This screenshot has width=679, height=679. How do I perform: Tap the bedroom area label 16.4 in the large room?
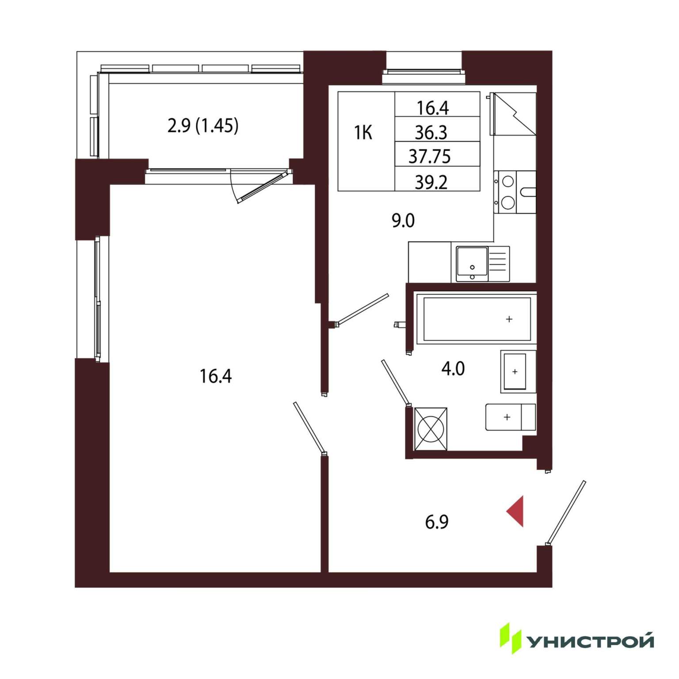pos(215,376)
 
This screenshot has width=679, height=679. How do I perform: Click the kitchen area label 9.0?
pos(403,220)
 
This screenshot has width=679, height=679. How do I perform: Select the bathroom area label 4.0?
pos(453,369)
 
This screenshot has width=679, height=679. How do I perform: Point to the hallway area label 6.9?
pos(436,522)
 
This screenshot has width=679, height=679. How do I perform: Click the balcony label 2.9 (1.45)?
pos(203,126)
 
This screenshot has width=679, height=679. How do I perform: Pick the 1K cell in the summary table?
pos(363,133)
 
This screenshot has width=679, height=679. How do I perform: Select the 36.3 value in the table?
pos(431,132)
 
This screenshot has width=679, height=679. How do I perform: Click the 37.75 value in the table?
pos(429,156)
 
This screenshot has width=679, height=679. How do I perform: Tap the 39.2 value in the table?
pos(431,182)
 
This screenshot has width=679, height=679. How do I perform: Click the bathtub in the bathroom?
pos(477,319)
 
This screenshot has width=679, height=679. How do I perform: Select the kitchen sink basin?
pos(472,264)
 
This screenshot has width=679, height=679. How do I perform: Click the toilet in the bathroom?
pos(511,417)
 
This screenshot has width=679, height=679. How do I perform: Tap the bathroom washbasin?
pos(518,372)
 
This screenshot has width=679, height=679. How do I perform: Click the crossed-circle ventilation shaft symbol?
pos(431,428)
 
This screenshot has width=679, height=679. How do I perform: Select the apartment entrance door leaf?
pos(566,513)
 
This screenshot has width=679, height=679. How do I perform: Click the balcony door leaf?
pos(261,187)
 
